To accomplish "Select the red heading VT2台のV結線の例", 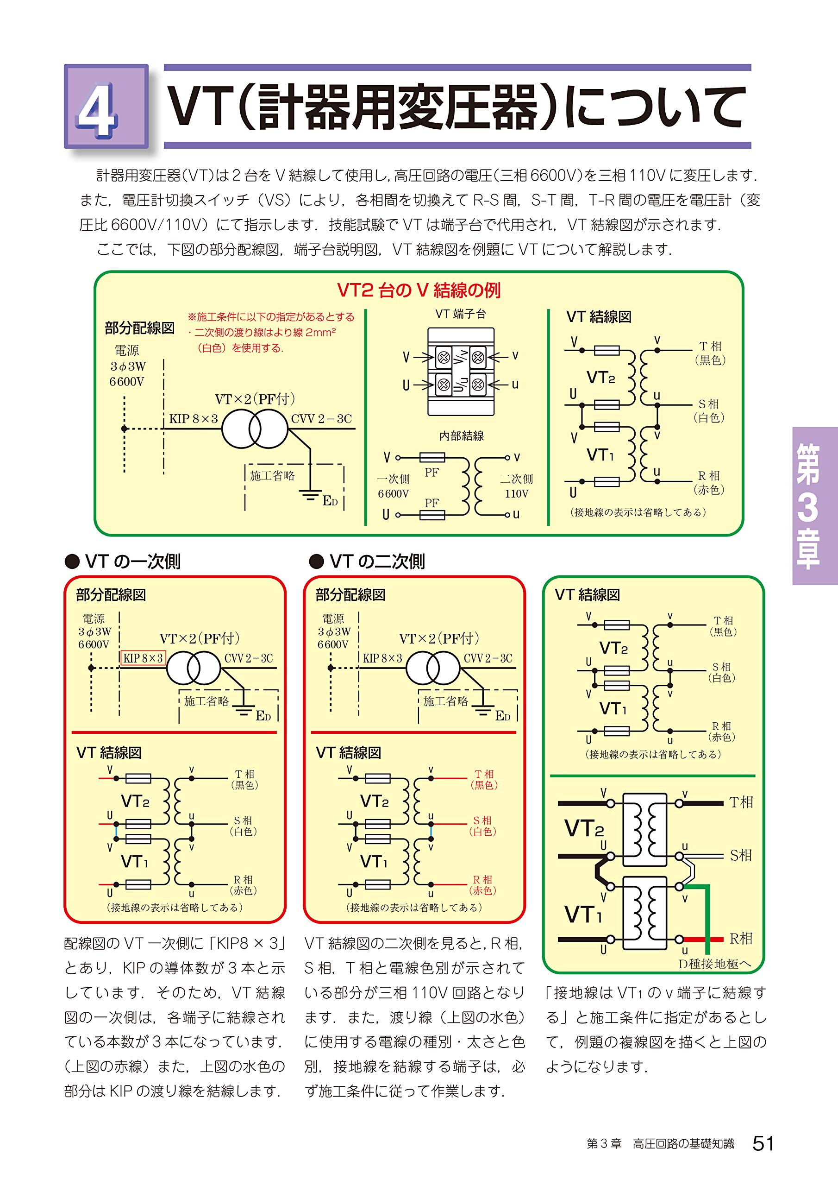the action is pyautogui.click(x=419, y=290).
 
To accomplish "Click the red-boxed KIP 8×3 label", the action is pyautogui.click(x=143, y=658).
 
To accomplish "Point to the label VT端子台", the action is pyautogui.click(x=461, y=314).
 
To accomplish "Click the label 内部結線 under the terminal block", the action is pyautogui.click(x=461, y=436).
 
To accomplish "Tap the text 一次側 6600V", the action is pyautogui.click(x=394, y=486).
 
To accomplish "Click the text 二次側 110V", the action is pyautogui.click(x=516, y=486).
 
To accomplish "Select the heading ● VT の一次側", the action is pyautogui.click(x=123, y=561).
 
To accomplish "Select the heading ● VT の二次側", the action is pyautogui.click(x=367, y=561).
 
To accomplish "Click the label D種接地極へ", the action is pyautogui.click(x=714, y=964).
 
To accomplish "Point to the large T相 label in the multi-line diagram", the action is pyautogui.click(x=741, y=802).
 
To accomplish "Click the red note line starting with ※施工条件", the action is pyautogui.click(x=271, y=316).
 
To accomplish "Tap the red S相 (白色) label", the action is pyautogui.click(x=483, y=826).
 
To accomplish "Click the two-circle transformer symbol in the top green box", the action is pyautogui.click(x=255, y=429).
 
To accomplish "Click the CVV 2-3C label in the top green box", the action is pyautogui.click(x=321, y=418).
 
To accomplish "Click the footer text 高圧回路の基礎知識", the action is pyautogui.click(x=683, y=1144).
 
